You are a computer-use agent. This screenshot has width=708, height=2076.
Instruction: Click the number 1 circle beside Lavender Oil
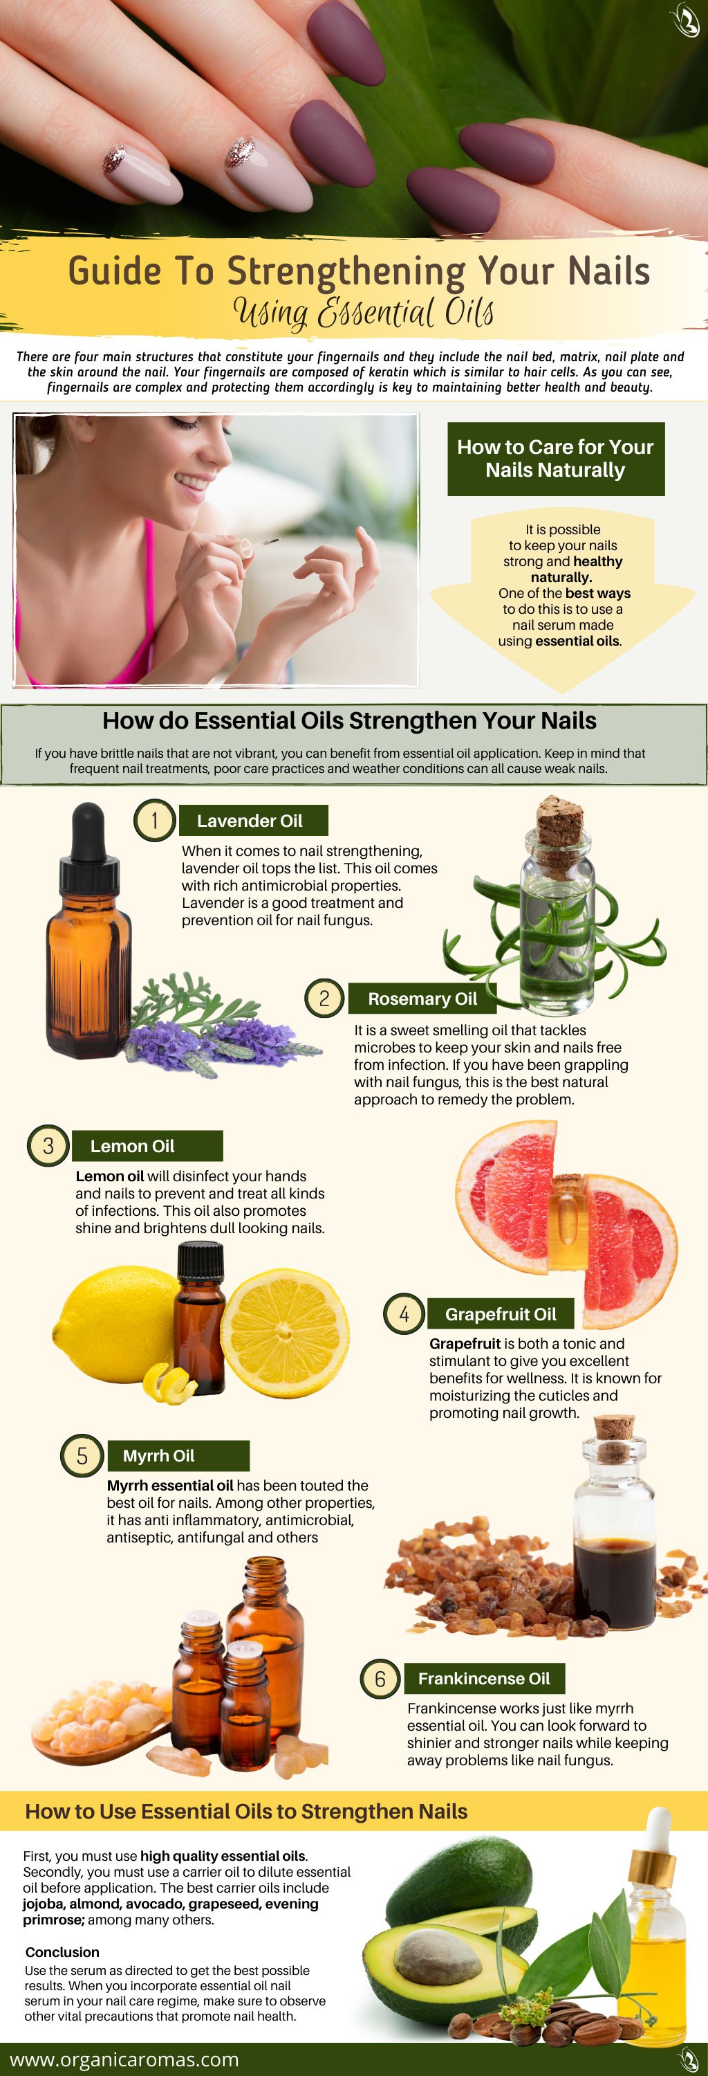[x=154, y=821]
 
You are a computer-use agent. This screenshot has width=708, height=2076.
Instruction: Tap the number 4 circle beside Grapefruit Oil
[x=404, y=1314]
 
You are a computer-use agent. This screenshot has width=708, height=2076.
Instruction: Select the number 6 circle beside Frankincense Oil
[x=380, y=1679]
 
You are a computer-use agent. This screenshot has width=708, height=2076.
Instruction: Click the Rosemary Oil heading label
[x=422, y=999]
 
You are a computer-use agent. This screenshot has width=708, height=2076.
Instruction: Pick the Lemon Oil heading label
[x=147, y=1146]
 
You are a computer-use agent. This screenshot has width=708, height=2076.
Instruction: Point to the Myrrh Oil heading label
[x=178, y=1455]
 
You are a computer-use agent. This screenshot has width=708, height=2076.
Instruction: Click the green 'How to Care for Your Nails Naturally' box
[x=556, y=459]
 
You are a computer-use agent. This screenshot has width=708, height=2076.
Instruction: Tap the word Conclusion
[x=62, y=1952]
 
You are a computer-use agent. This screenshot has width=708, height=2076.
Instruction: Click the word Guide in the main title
[x=113, y=271]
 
